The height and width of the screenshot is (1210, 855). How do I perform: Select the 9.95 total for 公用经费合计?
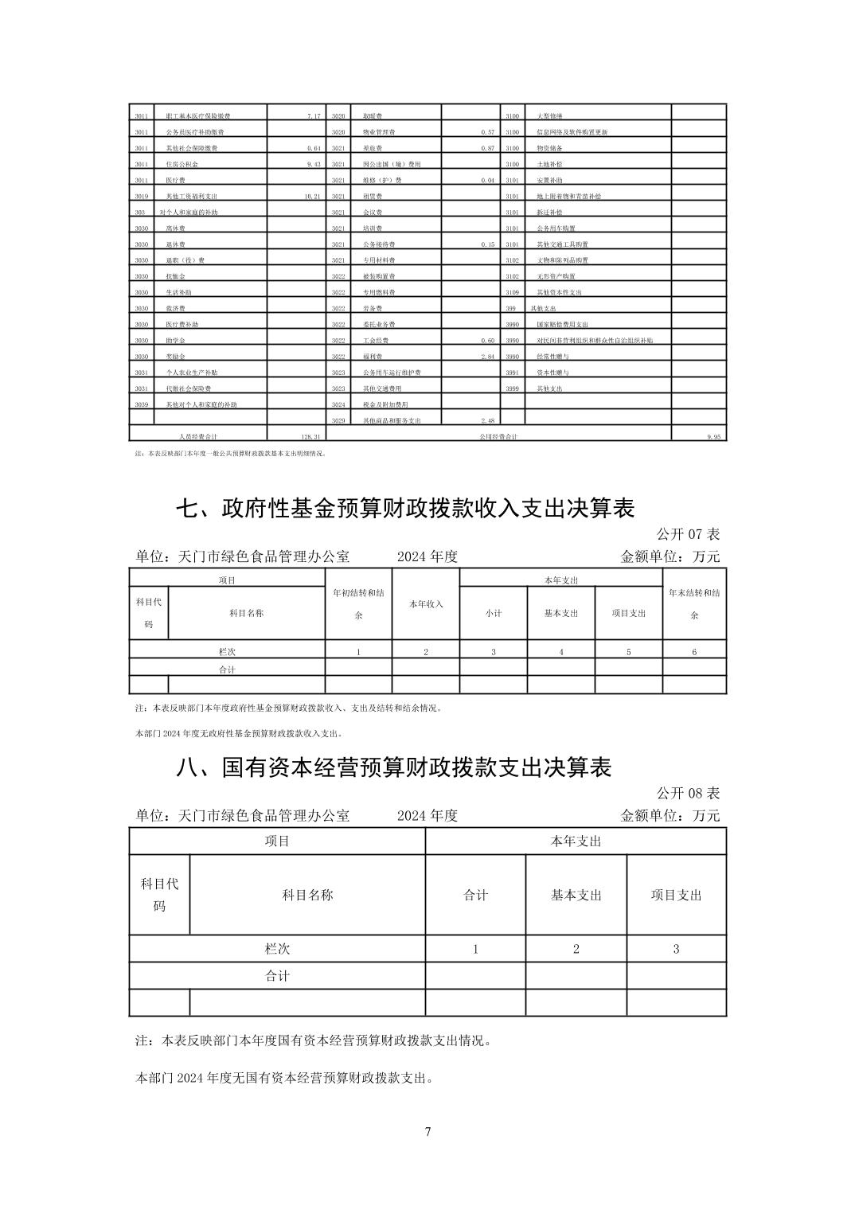pos(712,437)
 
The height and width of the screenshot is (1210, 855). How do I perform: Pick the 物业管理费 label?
pos(380,132)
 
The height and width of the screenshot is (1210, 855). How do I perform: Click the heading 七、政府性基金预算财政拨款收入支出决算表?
pos(405,508)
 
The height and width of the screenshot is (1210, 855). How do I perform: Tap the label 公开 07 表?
pos(688,534)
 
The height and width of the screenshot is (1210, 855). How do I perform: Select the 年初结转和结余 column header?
pos(358,603)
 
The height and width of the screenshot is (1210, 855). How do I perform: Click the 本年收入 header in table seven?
pos(426,604)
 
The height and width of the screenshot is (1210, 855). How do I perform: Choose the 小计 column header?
pos(494,613)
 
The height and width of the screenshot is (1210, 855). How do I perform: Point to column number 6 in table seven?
pos(694,652)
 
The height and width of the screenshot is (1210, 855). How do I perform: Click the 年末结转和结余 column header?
pos(694,603)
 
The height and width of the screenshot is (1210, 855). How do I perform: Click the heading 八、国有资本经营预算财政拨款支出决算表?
pos(394,767)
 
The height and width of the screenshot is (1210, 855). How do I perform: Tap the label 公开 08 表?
pos(688,793)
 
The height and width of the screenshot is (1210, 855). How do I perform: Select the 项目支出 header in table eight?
pos(676,895)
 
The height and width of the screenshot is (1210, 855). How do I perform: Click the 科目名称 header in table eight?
pos(307,895)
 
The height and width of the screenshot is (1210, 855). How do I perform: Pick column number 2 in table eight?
pos(576,949)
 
